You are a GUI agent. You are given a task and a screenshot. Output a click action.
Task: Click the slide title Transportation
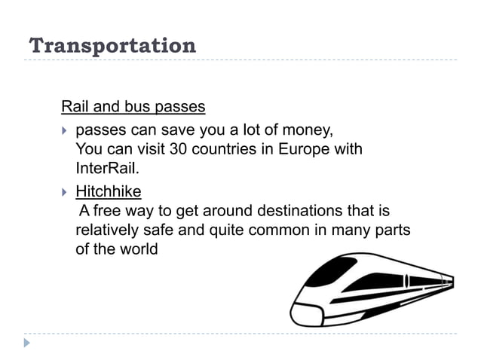click(112, 45)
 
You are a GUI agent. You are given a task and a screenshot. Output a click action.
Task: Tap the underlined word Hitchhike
click(108, 191)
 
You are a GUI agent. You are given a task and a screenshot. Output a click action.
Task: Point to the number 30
click(179, 148)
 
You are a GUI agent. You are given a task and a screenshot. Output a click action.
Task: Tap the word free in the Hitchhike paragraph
click(106, 210)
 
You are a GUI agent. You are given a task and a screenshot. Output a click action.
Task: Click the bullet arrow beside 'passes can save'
click(64, 130)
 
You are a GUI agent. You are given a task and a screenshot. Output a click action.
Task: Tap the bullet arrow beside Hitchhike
click(64, 192)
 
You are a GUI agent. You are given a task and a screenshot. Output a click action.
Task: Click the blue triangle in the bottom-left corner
click(27, 343)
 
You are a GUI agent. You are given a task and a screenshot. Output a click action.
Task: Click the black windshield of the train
click(331, 272)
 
